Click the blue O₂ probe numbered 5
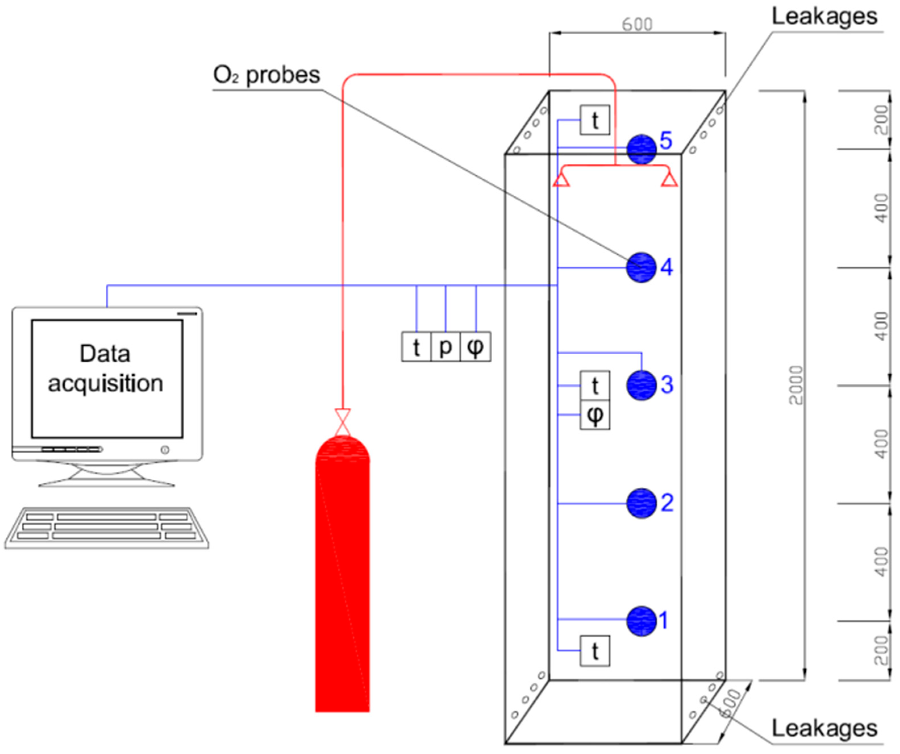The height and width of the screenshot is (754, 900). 641,149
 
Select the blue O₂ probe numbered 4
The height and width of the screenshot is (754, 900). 641,267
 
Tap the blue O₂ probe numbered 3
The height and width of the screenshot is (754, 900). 641,385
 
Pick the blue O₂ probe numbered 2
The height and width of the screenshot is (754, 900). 641,503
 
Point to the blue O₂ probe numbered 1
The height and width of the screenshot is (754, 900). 641,621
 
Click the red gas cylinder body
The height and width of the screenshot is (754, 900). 342,579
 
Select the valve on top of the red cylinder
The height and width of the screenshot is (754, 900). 342,422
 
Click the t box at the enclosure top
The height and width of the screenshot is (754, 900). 594,120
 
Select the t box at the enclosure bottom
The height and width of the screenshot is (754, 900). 594,651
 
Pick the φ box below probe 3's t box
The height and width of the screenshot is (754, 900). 594,415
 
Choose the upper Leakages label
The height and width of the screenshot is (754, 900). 824,17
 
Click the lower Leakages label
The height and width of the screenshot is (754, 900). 824,728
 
